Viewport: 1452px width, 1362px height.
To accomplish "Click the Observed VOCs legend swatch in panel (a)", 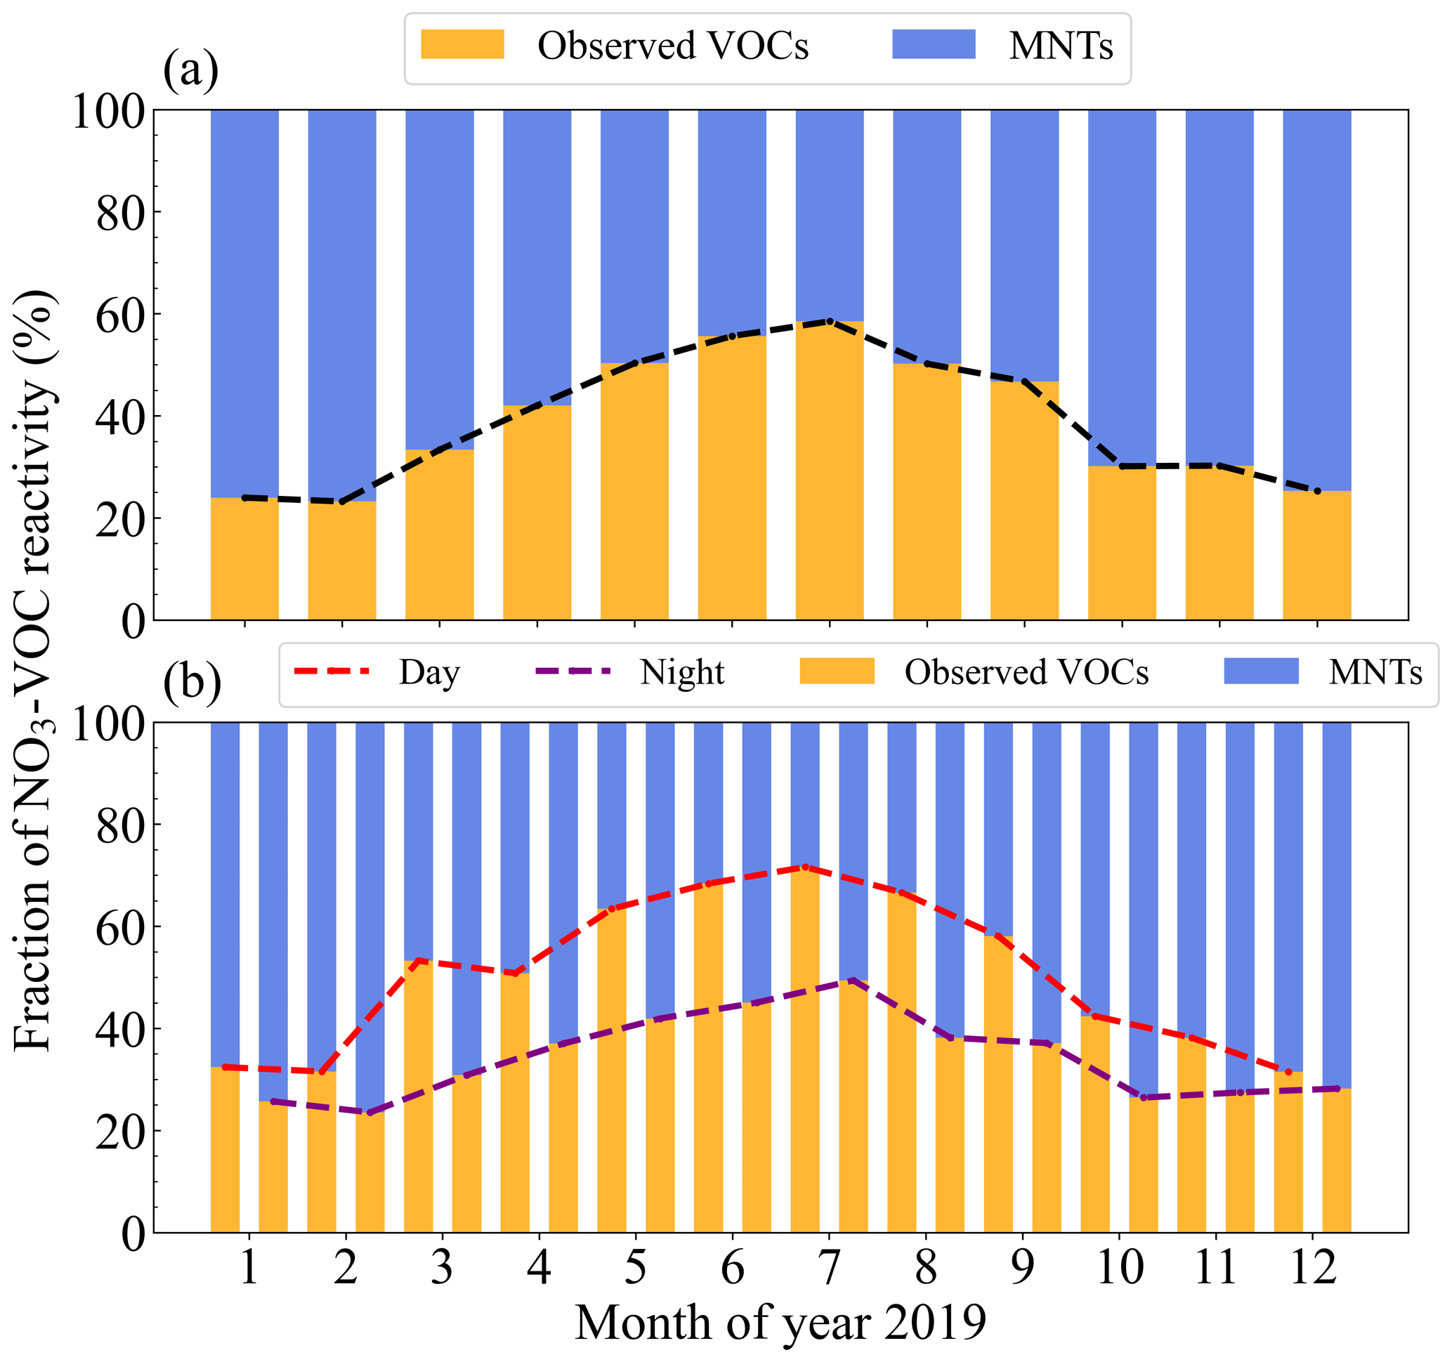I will pyautogui.click(x=462, y=44).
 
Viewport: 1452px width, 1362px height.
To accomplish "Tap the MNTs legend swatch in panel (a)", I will pyautogui.click(x=934, y=44).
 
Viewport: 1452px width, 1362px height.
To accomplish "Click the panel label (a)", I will pyautogui.click(x=190, y=70).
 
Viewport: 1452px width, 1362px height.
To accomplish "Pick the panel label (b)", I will pyautogui.click(x=192, y=683).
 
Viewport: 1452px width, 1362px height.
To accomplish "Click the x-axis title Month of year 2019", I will pyautogui.click(x=780, y=1323).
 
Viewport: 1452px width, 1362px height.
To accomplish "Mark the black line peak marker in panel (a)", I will pyautogui.click(x=830, y=321).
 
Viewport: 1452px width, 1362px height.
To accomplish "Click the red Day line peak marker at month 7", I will pyautogui.click(x=805, y=867).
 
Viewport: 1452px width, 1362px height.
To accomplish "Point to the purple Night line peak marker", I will pyautogui.click(x=852, y=980).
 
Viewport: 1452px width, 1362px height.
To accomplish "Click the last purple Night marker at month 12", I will pyautogui.click(x=1337, y=1089).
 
